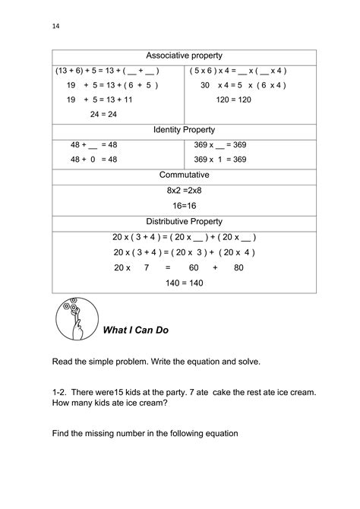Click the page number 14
55,26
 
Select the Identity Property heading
185,131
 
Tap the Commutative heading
185,175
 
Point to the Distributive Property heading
185,222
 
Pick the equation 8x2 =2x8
184,190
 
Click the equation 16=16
184,205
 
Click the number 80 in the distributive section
238,267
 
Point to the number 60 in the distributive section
193,267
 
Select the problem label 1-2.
61,392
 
